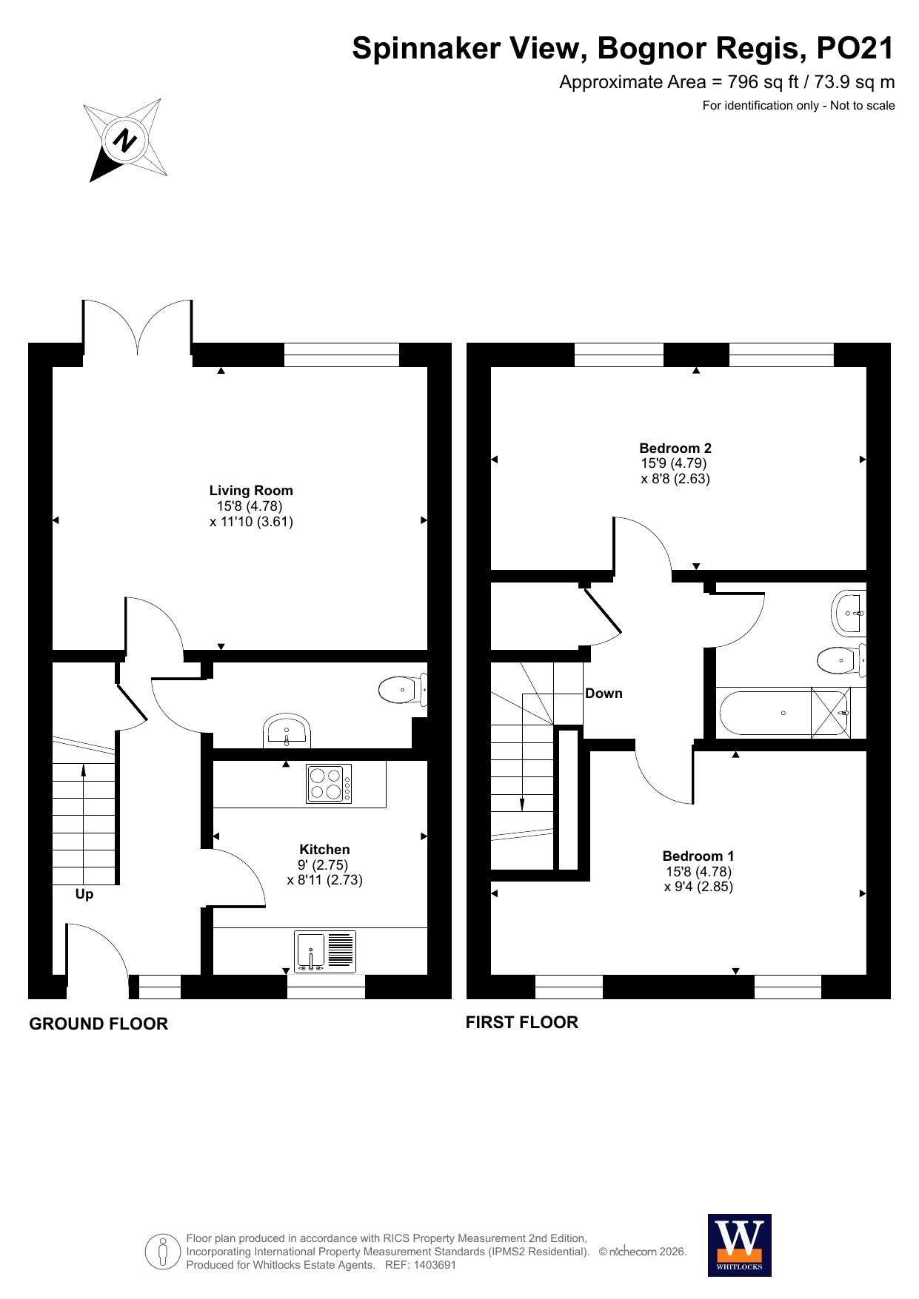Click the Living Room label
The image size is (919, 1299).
coord(251,490)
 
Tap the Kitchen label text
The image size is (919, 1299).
coord(324,849)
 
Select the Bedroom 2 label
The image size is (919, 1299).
coord(675,448)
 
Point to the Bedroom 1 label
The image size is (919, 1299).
coord(698,856)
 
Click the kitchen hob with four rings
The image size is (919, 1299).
coord(330,784)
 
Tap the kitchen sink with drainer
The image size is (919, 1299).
coord(325,951)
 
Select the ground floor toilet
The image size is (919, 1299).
coord(403,690)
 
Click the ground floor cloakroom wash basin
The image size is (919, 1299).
coord(287,731)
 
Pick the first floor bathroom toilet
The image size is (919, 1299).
coord(842,660)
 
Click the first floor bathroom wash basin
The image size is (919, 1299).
coord(849,613)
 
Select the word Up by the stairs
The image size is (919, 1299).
coord(84,894)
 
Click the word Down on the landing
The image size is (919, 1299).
coord(604,694)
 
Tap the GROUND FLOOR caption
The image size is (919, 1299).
coord(98,1024)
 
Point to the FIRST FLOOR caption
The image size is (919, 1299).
coord(522,1022)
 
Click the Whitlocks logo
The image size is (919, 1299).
coord(740,1245)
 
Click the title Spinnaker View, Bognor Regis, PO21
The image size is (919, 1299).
coord(624,48)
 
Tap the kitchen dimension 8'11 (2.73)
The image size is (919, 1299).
coord(325,880)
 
